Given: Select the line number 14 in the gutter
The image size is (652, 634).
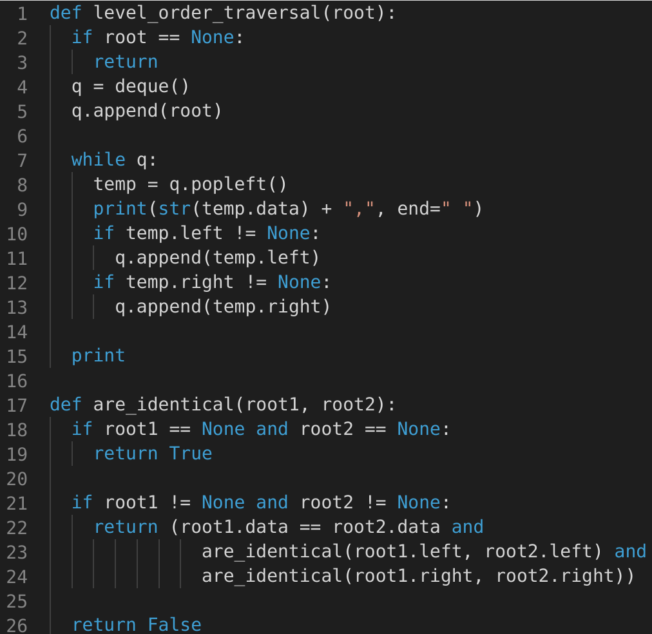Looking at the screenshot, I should [17, 331].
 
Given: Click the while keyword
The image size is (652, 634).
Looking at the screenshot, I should [98, 159].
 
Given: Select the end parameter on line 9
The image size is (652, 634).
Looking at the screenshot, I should [414, 209].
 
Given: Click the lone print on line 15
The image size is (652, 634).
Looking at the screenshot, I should [98, 356].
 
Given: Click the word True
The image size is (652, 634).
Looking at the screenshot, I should [191, 454].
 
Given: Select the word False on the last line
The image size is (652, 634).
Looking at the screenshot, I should [174, 624].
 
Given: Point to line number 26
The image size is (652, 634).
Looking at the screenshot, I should [17, 624].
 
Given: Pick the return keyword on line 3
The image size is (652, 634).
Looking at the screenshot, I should [126, 62].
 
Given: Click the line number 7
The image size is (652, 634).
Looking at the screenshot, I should [22, 159].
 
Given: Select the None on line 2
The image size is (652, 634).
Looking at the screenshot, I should [213, 37].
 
